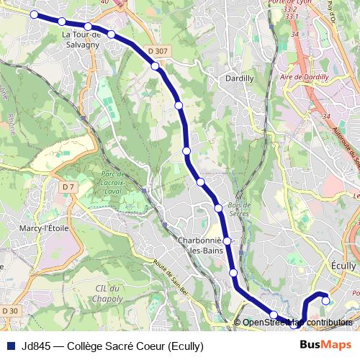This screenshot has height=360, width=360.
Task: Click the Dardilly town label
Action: click(240, 78)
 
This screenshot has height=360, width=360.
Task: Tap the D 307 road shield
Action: click(160, 51)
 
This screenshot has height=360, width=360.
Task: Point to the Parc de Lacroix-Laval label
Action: click(118, 184)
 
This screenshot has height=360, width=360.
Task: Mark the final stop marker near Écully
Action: click(325, 301)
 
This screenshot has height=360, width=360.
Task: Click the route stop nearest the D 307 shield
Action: click(155, 66)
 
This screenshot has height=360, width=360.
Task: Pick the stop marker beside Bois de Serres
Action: click(218, 208)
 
